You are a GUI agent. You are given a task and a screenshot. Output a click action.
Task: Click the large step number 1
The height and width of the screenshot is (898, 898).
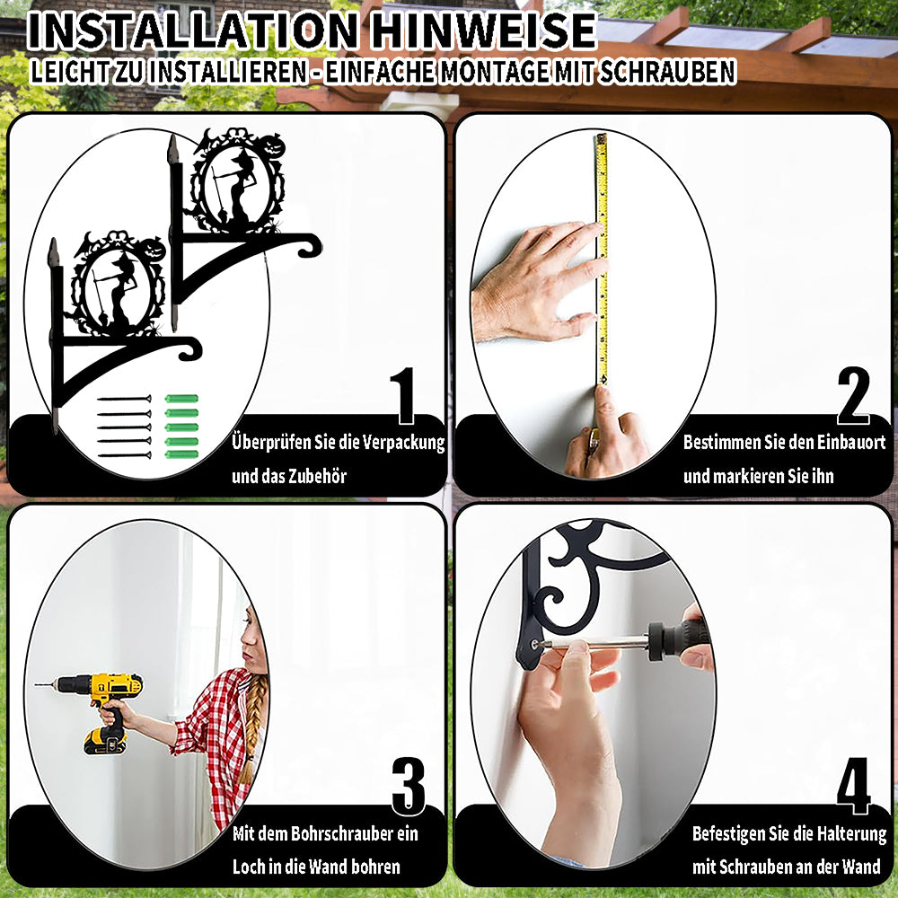[404, 396]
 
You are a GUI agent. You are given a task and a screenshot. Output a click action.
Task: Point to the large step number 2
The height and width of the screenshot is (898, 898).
[853, 396]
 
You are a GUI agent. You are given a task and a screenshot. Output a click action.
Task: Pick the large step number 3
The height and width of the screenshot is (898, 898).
[409, 787]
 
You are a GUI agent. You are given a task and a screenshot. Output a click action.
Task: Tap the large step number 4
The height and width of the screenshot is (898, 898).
[853, 787]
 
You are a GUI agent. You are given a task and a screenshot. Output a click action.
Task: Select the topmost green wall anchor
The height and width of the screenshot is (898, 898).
[181, 399]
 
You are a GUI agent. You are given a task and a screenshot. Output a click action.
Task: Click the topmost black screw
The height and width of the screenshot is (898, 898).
[124, 399]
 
